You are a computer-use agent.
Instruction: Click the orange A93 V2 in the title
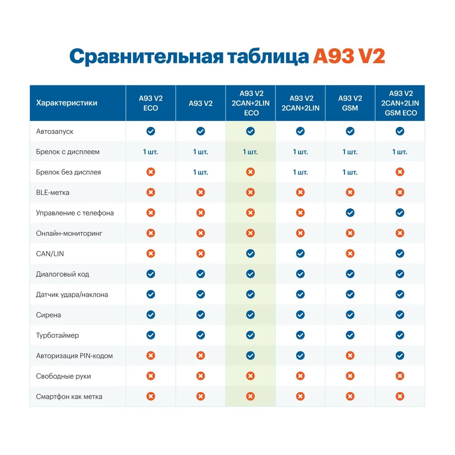click(349, 56)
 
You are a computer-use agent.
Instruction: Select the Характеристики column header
click(67, 103)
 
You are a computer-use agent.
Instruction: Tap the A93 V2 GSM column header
click(350, 103)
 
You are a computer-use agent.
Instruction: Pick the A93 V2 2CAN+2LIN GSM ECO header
click(400, 103)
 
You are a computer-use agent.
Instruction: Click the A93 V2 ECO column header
click(151, 103)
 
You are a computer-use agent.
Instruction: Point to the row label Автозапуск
click(55, 132)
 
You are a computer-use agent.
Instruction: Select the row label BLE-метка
click(53, 193)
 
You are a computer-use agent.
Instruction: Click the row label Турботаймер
click(57, 335)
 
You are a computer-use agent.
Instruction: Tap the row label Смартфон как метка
click(69, 397)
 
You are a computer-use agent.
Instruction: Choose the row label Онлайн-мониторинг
click(69, 233)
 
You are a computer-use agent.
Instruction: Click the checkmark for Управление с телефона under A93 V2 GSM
click(350, 213)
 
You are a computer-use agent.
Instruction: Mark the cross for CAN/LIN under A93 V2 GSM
click(350, 254)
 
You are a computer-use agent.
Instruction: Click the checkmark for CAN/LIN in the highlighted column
click(250, 254)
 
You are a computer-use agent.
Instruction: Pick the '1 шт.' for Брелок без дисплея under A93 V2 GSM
click(350, 172)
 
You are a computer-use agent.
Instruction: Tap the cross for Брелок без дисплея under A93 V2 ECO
click(151, 172)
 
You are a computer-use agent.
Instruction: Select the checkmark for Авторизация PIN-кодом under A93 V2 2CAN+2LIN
click(300, 356)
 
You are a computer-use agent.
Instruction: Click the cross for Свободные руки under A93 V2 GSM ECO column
click(400, 376)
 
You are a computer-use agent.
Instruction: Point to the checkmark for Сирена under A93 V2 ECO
click(151, 315)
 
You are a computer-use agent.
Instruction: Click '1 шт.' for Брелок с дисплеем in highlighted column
click(250, 152)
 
